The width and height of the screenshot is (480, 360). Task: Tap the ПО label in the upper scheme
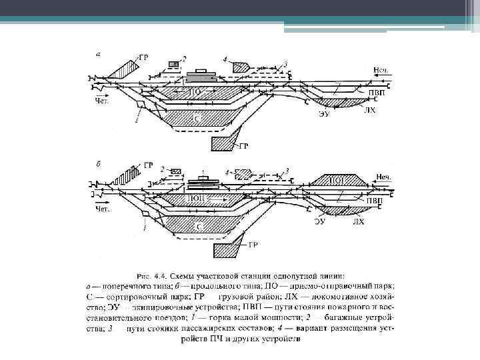coord(195,91)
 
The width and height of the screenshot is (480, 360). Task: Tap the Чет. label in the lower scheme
coord(101,209)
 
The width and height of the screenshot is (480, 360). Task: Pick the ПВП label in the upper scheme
coord(376,91)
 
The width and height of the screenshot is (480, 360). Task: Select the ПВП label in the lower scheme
coord(374,200)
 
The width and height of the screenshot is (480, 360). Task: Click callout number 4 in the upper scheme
coord(226,60)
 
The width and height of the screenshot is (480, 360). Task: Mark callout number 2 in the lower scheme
coord(162,170)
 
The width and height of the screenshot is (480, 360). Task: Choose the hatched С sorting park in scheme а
coord(197,118)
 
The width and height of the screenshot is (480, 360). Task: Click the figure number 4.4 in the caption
coord(162,275)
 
